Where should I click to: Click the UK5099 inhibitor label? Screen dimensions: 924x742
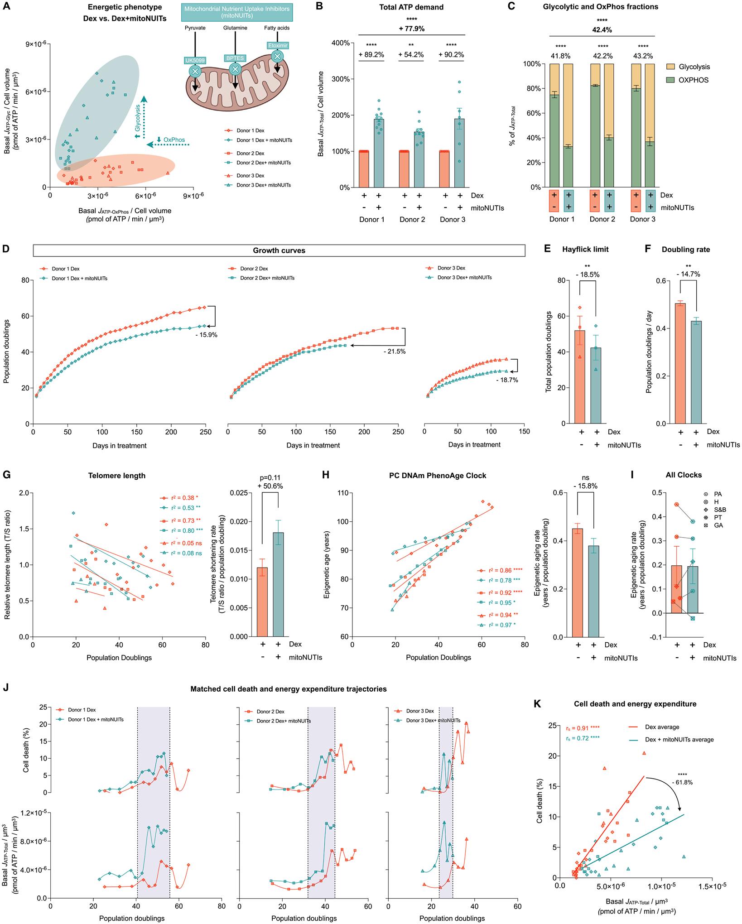click(195, 60)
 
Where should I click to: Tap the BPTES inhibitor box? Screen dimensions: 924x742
click(235, 58)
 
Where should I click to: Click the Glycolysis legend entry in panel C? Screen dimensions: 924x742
click(694, 67)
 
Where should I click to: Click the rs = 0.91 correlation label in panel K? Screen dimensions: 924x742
click(581, 728)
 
